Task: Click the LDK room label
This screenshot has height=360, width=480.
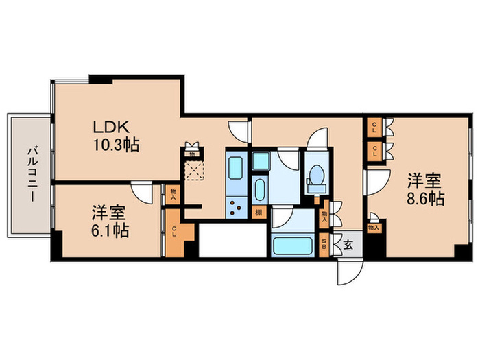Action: tap(110, 128)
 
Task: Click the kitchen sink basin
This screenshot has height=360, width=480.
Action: tap(235, 167)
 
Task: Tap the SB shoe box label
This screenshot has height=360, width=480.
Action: tap(324, 244)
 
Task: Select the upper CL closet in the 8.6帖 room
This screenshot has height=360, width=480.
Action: tap(374, 126)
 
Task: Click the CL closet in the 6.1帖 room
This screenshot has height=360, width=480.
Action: tap(174, 231)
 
